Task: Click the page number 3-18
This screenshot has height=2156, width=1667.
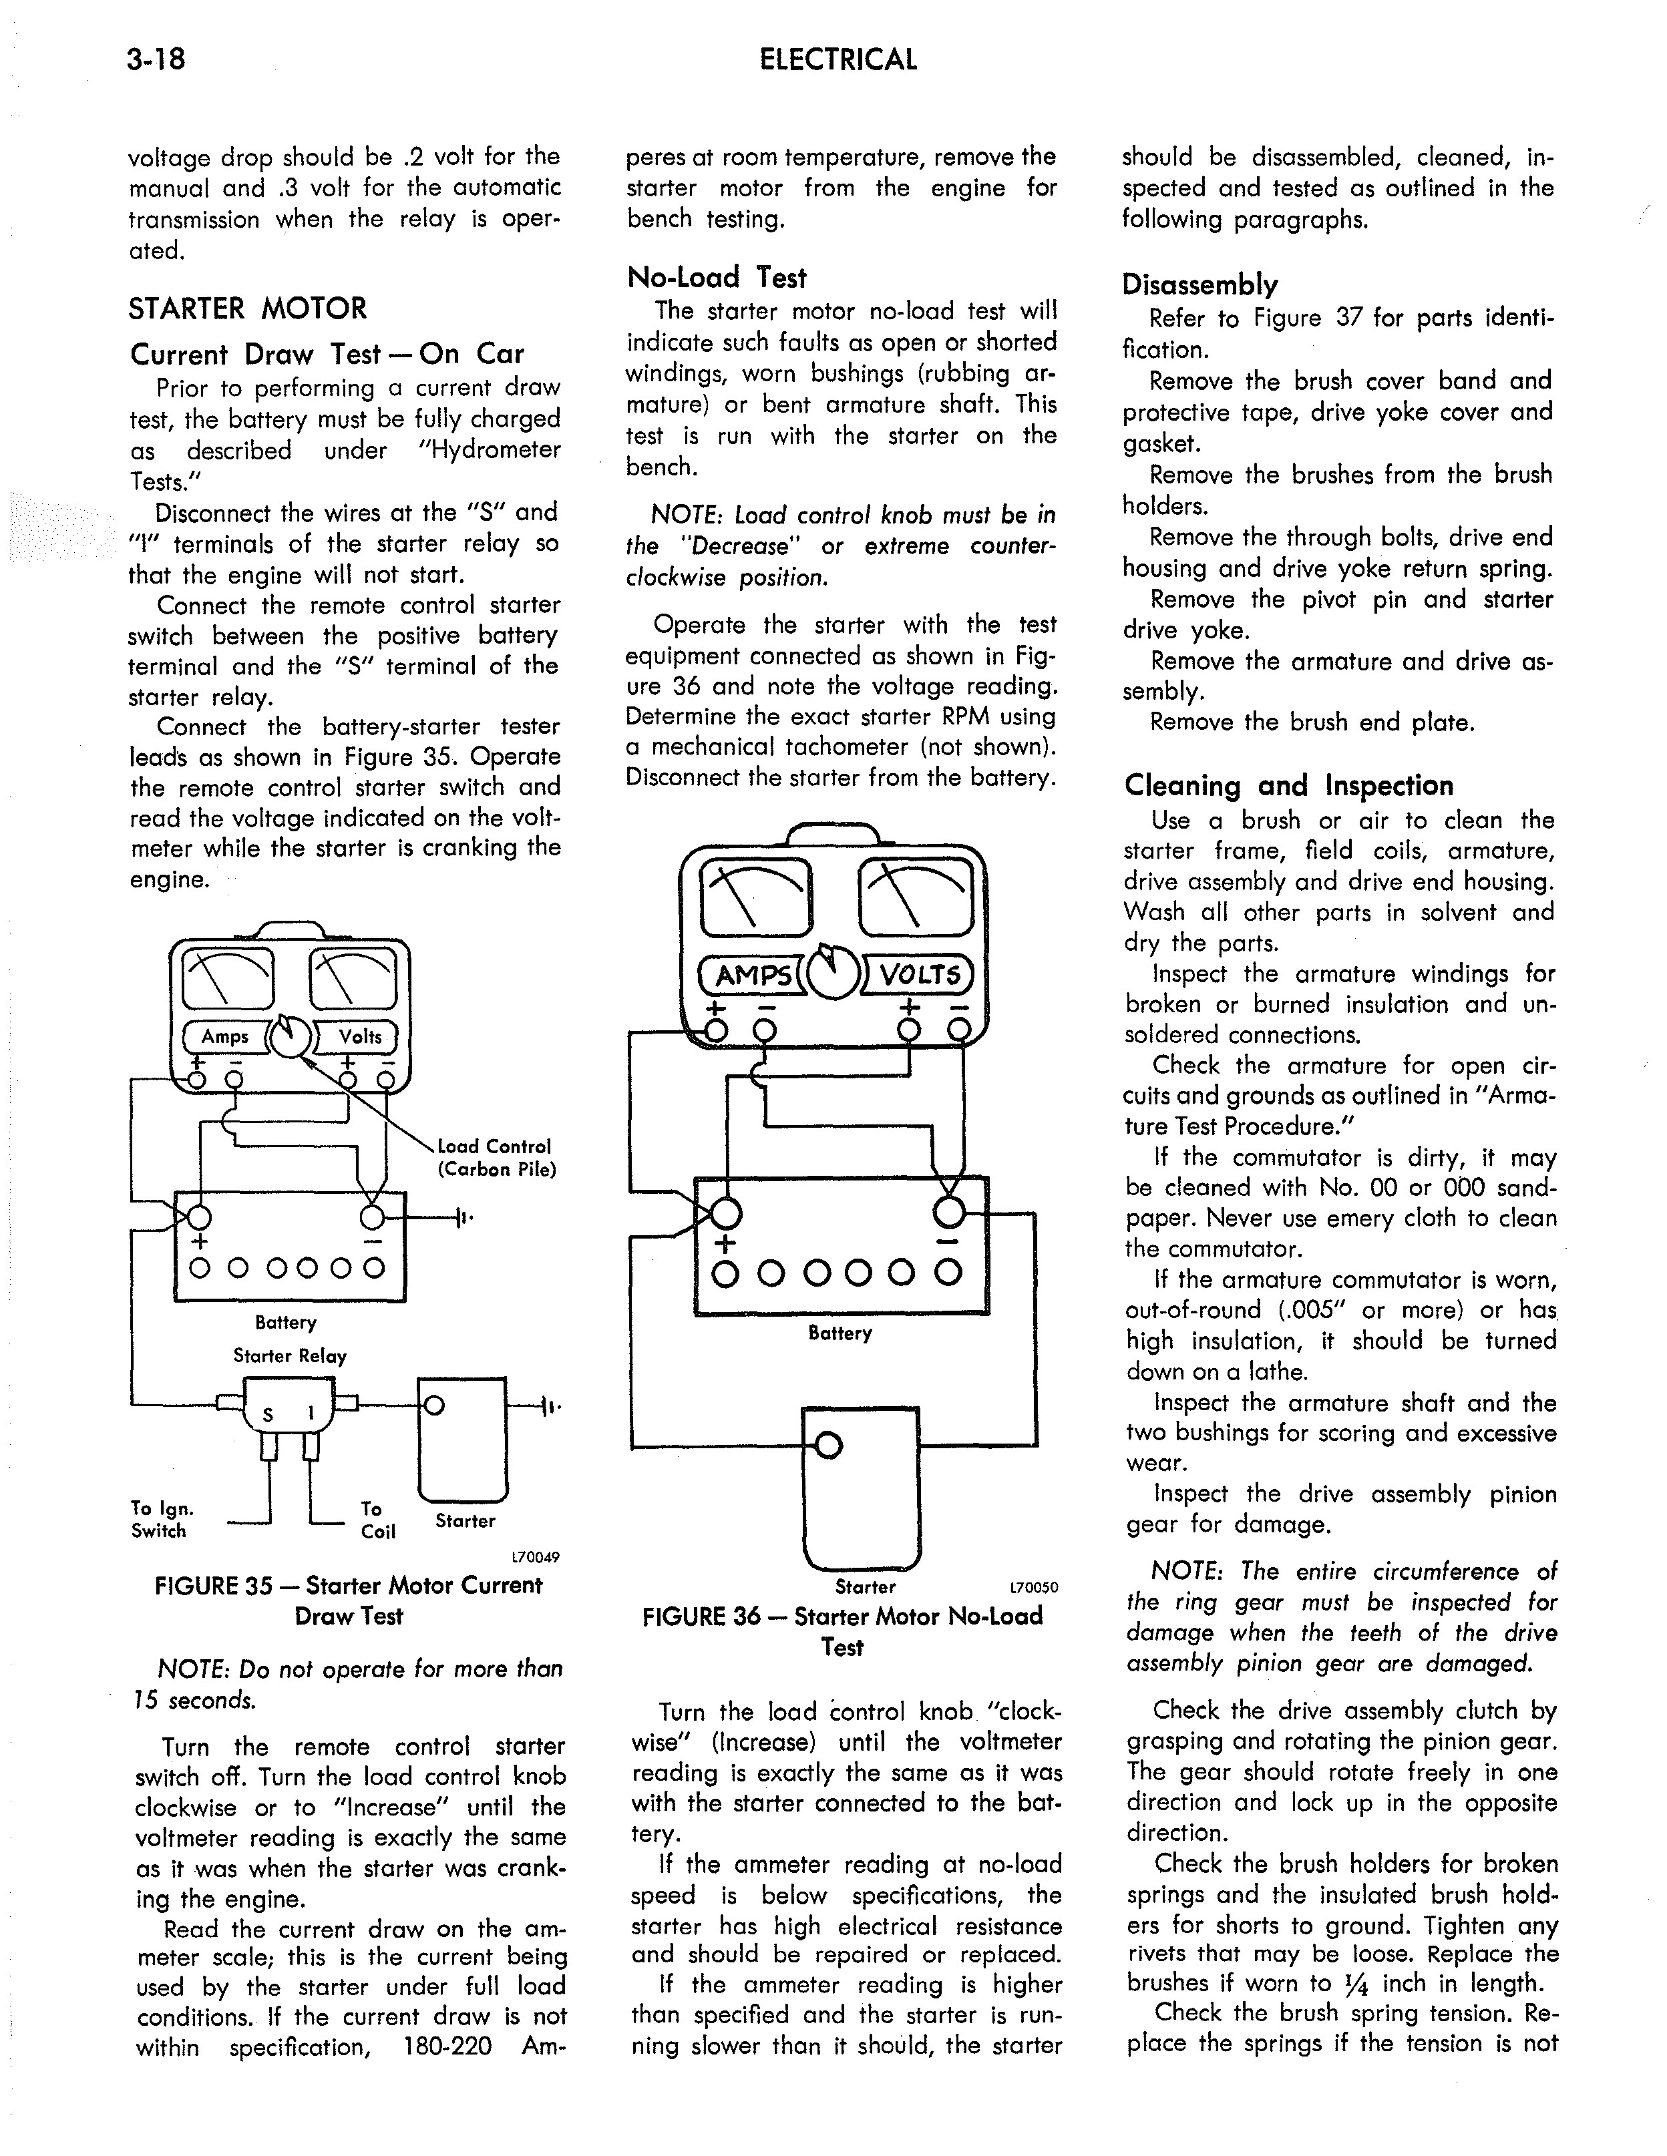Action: pyautogui.click(x=156, y=60)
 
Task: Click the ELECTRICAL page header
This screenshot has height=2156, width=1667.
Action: pyautogui.click(x=838, y=60)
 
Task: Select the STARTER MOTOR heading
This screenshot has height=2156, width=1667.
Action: pyautogui.click(x=247, y=309)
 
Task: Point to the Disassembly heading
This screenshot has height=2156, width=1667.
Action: pyautogui.click(x=1199, y=285)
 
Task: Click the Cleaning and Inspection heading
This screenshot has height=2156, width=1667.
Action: pyautogui.click(x=1289, y=786)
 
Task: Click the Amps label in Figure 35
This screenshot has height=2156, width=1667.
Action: pyautogui.click(x=225, y=1036)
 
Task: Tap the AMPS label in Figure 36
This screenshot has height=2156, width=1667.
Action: pyautogui.click(x=753, y=976)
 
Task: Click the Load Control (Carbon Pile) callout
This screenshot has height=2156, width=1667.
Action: pyautogui.click(x=496, y=1158)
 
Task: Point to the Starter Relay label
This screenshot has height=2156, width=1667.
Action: pyautogui.click(x=289, y=1356)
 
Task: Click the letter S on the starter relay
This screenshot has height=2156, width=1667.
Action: pyautogui.click(x=266, y=1416)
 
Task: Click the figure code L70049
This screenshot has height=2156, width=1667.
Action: pyautogui.click(x=535, y=1558)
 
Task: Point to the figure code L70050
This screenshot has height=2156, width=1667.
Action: pyautogui.click(x=1033, y=1588)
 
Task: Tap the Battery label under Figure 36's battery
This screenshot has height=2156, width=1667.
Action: pyautogui.click(x=840, y=1333)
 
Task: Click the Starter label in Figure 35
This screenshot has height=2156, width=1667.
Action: pyautogui.click(x=465, y=1521)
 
